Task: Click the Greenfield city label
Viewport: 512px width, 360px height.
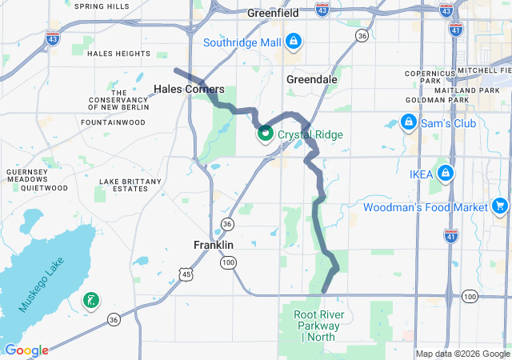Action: coord(273,14)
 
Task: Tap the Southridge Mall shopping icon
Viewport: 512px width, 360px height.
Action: coord(294,40)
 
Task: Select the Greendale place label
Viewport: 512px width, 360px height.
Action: coord(312,80)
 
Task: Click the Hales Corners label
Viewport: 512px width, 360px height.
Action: coord(189,90)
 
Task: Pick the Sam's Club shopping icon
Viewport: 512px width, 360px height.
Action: coord(408,122)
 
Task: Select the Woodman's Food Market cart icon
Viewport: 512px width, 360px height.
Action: coord(500,206)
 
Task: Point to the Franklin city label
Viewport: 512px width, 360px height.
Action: coord(214,245)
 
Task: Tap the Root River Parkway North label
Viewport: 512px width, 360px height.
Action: coord(317,326)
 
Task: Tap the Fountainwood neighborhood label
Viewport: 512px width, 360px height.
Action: coord(113,122)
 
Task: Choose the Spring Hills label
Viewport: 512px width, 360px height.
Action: coord(102,6)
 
